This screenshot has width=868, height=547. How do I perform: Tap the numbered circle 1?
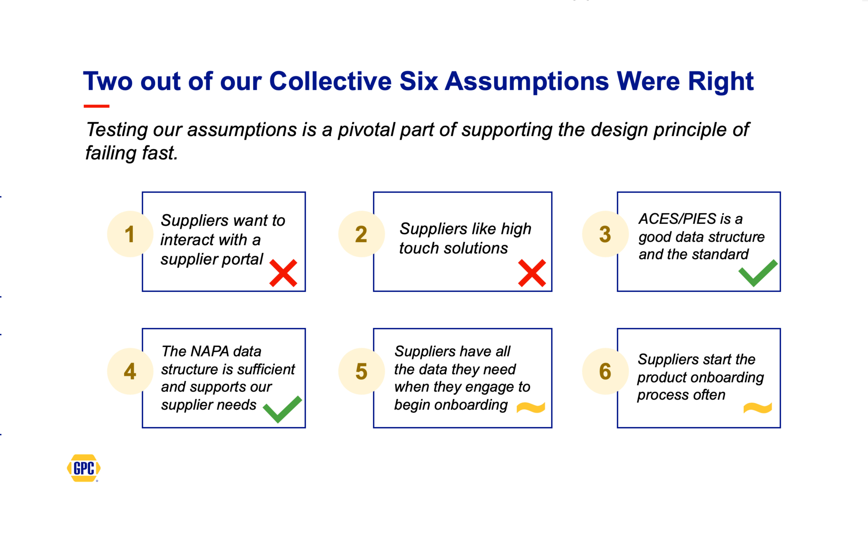point(130,234)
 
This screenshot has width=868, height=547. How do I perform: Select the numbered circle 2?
point(362,234)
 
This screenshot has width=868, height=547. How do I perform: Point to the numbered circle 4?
point(130,371)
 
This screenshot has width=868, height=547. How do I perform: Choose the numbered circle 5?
point(362,371)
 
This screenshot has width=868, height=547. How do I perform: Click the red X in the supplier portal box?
point(283,273)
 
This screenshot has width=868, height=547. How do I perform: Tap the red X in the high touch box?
point(532,273)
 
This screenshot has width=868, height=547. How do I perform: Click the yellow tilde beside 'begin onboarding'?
point(531,408)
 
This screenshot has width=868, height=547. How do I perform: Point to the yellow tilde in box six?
point(758,408)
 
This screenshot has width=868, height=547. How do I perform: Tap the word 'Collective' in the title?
point(330,81)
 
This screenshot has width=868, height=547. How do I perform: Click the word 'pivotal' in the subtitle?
point(366,130)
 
